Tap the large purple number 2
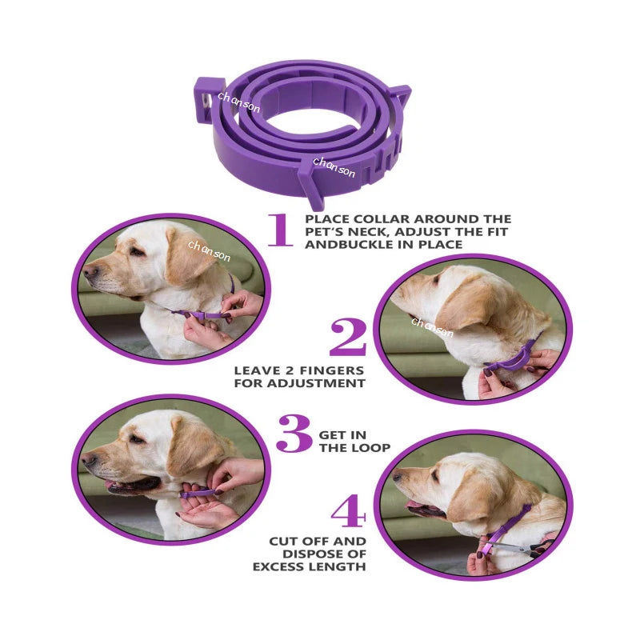347,338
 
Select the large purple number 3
294,434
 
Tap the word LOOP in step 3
370,448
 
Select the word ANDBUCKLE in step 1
341,244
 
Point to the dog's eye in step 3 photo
137,439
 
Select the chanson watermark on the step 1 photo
209,251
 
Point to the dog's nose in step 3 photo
86,458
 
